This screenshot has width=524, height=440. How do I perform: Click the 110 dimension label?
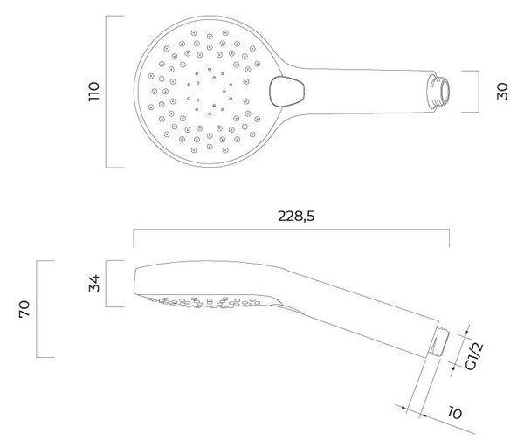click(94, 91)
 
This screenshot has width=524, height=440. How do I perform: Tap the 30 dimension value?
click(502, 91)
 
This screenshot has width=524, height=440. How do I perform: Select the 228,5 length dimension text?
click(296, 217)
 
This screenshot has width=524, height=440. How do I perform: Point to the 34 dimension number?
click(94, 284)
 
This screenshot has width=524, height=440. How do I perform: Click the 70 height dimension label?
click(24, 309)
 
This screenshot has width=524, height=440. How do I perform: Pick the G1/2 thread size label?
click(473, 356)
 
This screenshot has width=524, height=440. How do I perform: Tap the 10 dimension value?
click(455, 413)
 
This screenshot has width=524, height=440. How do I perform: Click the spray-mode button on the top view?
click(286, 92)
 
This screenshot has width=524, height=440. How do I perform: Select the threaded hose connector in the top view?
click(438, 91)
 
